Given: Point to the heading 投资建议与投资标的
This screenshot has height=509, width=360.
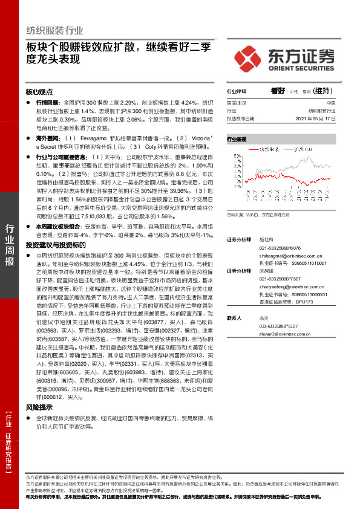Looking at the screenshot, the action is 52,245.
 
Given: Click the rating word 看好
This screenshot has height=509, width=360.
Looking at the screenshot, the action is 278,91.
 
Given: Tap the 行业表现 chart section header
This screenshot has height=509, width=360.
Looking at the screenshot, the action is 237,139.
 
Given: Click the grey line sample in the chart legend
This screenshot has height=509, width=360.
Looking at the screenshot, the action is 286,148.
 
